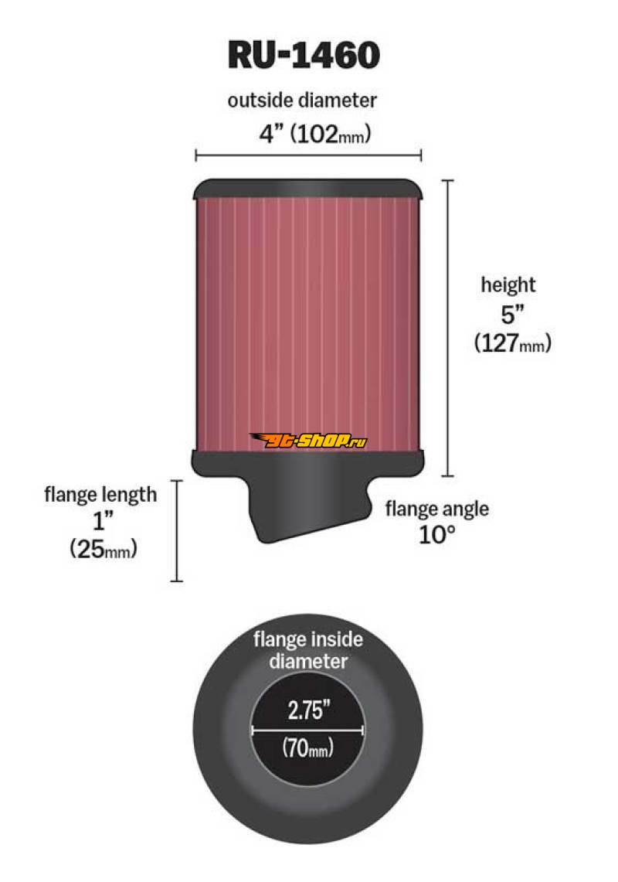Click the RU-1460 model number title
(304, 55)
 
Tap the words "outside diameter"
(302, 100)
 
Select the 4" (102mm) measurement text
(314, 134)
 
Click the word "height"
(508, 284)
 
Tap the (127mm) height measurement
(512, 342)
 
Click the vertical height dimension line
(447, 329)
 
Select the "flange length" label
(100, 495)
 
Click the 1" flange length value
(103, 521)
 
